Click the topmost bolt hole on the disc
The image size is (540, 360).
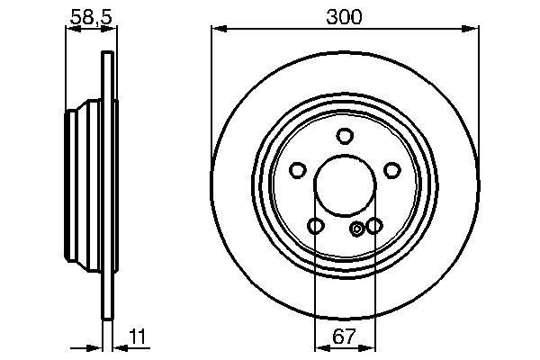click(344, 137)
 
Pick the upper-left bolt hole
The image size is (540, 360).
click(297, 169)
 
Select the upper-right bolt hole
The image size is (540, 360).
click(391, 169)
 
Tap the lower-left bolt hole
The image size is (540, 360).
click(315, 225)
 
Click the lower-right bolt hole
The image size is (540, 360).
click(373, 225)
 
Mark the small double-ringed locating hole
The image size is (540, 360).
click(357, 229)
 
